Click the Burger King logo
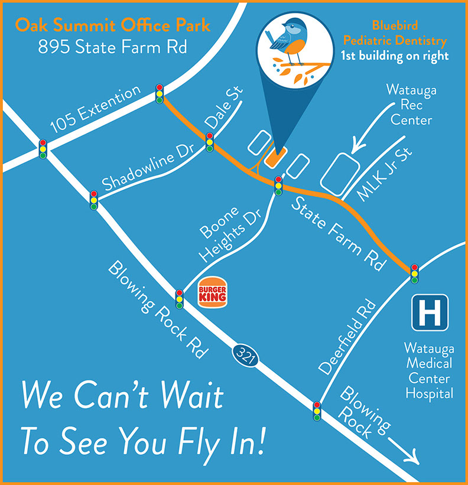click(213, 292)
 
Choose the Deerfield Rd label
click(348, 337)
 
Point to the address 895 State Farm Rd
click(112, 47)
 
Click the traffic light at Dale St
click(210, 142)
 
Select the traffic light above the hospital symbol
click(415, 274)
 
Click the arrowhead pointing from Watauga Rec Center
click(356, 146)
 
